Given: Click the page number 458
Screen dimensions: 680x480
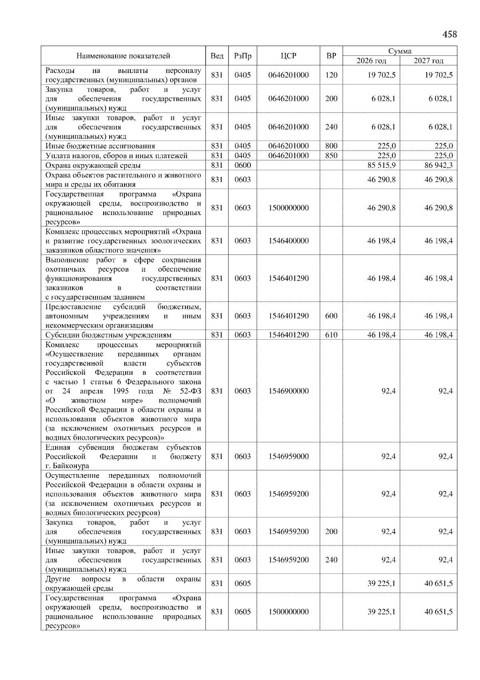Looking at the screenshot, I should (449, 34).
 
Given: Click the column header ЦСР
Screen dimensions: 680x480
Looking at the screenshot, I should (288, 56).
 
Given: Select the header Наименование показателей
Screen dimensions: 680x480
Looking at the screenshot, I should (123, 56).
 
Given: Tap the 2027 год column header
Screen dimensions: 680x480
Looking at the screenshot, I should (428, 61).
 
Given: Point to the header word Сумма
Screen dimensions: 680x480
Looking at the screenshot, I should (400, 51).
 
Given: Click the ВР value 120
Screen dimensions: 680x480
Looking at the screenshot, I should (331, 75).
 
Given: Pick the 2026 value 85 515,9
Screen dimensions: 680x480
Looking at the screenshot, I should (381, 165).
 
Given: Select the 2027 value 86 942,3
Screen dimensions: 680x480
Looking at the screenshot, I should (438, 165).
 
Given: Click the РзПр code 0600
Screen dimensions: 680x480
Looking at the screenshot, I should (242, 165).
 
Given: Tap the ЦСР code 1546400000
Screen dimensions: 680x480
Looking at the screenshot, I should (288, 241).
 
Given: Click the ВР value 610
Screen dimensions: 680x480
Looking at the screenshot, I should (331, 335).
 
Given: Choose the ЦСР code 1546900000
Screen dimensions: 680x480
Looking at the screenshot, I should (288, 391).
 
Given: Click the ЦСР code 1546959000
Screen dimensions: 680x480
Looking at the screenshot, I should (288, 457).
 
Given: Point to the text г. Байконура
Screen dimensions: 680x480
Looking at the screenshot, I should (67, 466).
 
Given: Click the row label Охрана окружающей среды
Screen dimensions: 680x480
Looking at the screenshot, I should (93, 165).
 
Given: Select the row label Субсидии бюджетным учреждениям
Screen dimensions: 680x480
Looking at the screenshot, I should (108, 335).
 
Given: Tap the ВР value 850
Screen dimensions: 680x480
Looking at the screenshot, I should (331, 156).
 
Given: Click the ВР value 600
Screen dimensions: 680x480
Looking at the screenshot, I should (331, 316).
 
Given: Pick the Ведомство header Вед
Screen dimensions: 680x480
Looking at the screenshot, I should (217, 56).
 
